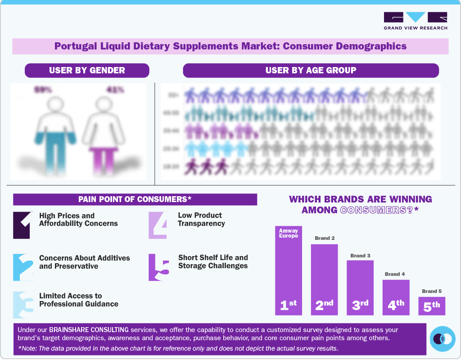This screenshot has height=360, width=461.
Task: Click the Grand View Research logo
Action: click(x=415, y=21)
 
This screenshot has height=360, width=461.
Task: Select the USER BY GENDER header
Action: click(x=87, y=70)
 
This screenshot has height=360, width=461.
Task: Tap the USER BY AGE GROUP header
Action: click(x=311, y=70)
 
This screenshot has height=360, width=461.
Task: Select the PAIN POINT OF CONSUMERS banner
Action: click(x=135, y=199)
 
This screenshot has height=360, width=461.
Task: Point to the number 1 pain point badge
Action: click(x=22, y=225)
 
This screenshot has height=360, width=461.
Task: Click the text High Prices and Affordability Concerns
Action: click(x=78, y=220)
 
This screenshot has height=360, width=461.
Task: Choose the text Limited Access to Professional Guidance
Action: click(x=79, y=300)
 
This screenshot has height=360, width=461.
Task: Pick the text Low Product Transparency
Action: click(x=201, y=219)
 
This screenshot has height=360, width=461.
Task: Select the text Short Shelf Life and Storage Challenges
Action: click(x=213, y=261)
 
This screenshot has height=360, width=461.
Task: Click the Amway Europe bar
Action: click(x=289, y=270)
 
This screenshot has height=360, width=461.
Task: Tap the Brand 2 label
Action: click(x=325, y=238)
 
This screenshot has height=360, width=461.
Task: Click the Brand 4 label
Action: click(x=395, y=274)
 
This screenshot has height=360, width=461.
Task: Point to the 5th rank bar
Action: click(x=432, y=306)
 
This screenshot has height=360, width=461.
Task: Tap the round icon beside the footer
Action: click(x=443, y=338)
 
